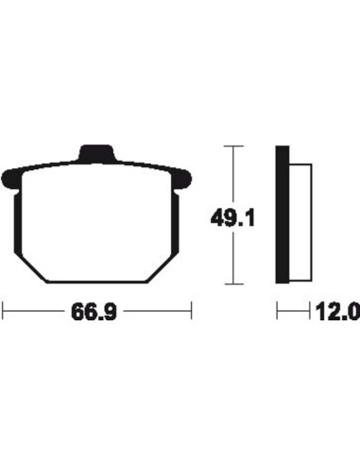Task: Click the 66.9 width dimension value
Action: (94, 312)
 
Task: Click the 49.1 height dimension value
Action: (232, 218)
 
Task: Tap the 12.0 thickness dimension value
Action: (337, 312)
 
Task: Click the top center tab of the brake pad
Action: (96, 153)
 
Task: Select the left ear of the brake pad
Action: (12, 180)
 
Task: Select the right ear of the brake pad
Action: (182, 180)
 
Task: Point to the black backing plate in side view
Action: (283, 215)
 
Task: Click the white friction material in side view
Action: (300, 222)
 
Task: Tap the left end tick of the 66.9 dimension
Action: (3, 311)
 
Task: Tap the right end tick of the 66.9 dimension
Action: (191, 311)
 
